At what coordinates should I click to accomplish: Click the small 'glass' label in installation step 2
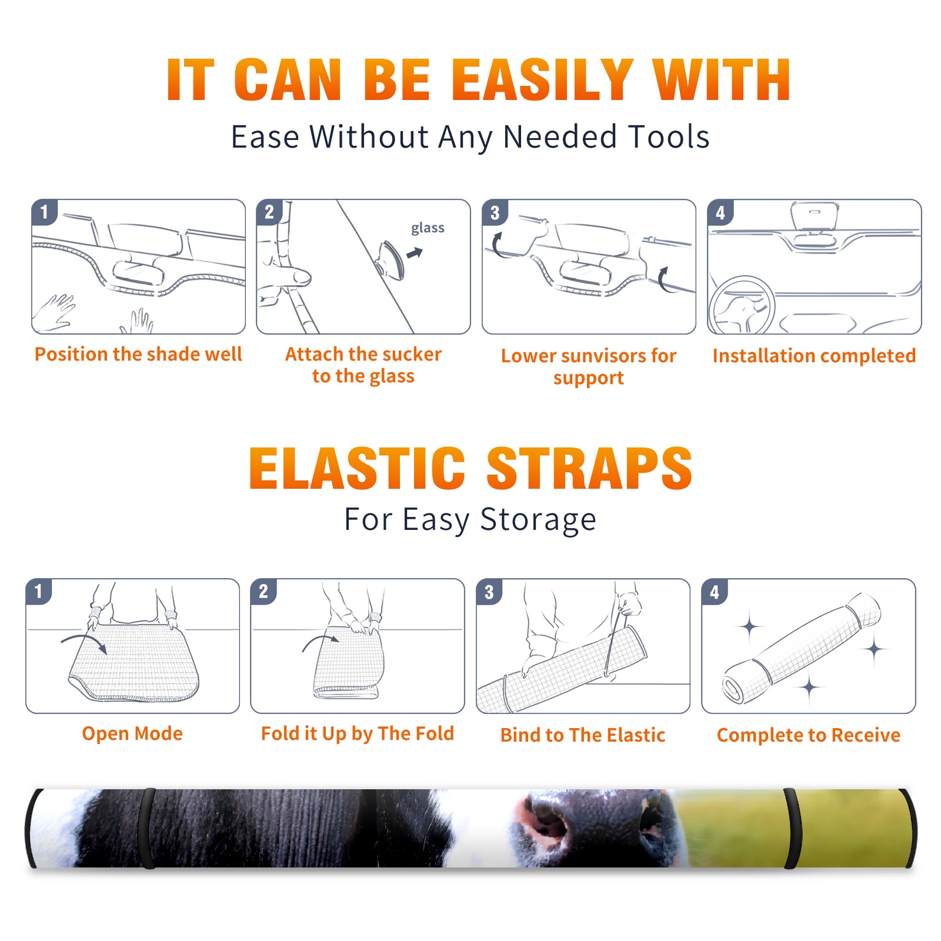428,228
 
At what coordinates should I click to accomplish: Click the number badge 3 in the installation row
495,212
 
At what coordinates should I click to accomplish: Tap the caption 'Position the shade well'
138,354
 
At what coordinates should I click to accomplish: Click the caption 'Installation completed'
814,355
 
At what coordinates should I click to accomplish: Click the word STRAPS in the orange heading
589,468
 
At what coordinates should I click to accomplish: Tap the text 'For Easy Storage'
470,519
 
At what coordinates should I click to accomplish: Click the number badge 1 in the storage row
39,591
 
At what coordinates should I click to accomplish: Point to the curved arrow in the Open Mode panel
84,642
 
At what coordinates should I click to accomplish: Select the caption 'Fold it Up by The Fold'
358,733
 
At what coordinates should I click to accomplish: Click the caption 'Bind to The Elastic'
583,735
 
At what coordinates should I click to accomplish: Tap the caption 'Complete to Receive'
809,735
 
